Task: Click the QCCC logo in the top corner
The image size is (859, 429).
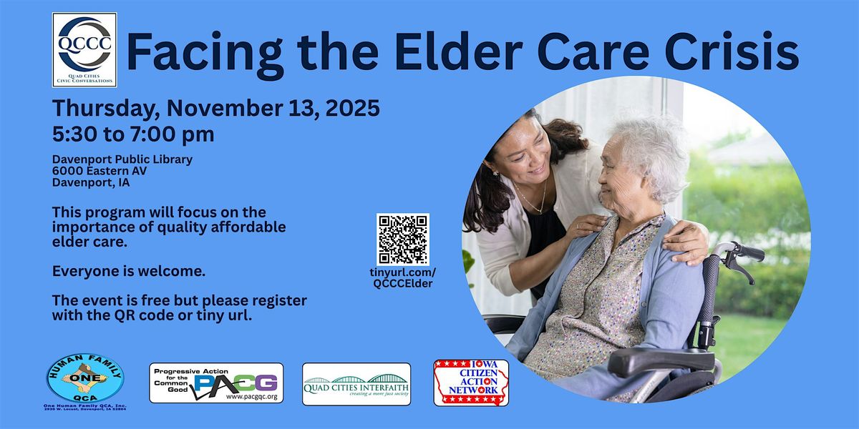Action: (84, 50)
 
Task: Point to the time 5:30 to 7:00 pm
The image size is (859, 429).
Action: (133, 134)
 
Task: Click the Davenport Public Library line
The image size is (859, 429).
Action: (122, 159)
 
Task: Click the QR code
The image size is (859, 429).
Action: (403, 239)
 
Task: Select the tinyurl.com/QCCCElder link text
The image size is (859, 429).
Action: (404, 278)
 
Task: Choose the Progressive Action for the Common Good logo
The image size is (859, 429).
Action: (216, 383)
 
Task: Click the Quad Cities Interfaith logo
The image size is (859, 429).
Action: (356, 384)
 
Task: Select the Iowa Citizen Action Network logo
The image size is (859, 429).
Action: (471, 383)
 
